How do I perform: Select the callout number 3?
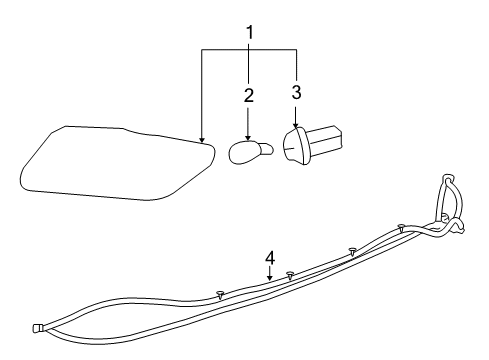[x=296, y=94]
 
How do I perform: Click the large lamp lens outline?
[x=115, y=160]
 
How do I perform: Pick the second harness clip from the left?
[x=289, y=274]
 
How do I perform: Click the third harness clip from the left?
[x=352, y=250]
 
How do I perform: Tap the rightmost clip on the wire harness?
[x=400, y=227]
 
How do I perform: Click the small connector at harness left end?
[x=37, y=326]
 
